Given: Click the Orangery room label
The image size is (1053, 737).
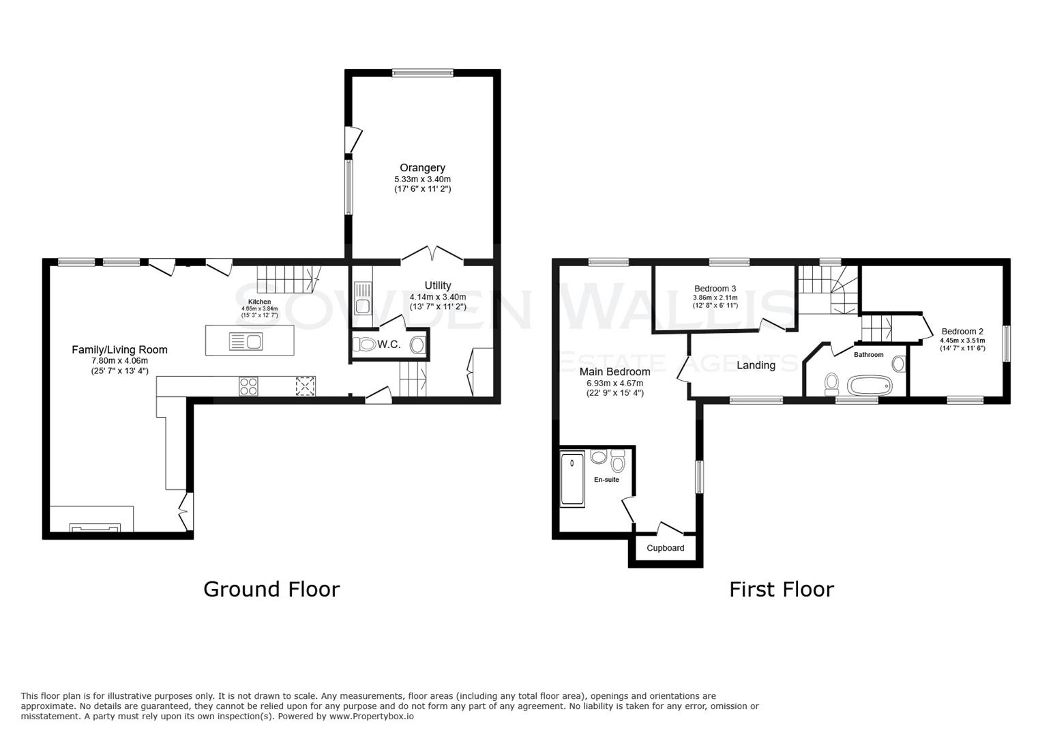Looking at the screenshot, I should coord(422,168).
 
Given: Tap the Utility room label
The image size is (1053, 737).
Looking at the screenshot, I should coord(437,285).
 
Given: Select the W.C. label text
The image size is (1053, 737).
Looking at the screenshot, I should coord(389,345).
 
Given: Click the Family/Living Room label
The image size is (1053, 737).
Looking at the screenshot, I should coord(119,349).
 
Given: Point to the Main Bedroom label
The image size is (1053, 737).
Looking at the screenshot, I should coord(614,372).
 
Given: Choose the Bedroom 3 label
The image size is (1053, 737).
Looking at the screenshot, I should coord(715,289).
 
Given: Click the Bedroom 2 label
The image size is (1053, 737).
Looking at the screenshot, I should coord(962,332).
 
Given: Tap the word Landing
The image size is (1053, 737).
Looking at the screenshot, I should coord(756,365).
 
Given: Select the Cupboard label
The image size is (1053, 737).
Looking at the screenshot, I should coord(665,548).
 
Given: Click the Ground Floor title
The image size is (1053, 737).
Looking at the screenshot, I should coord(271,589).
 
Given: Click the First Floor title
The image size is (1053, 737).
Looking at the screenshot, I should coord(781,589).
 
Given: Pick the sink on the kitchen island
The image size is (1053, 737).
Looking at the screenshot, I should coord(246,341).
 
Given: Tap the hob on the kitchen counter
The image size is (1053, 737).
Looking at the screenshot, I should coord(248,386).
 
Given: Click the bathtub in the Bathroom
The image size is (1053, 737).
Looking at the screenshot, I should coord(869,386).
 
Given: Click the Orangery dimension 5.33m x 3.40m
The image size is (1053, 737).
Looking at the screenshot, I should coord(422,179).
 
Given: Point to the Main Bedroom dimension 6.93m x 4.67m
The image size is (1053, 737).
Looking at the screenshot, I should coord(614,384).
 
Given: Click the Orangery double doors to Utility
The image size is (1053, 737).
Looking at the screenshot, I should coord(433,255).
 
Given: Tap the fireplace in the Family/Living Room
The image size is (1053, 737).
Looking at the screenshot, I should coord(95,528).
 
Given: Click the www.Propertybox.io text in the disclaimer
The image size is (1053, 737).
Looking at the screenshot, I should coord(372,717).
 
